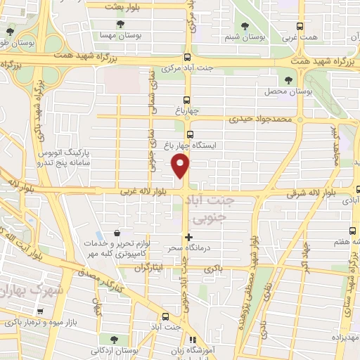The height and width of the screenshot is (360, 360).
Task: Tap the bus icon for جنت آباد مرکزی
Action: coord(187,58)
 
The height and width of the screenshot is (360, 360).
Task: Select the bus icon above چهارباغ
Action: coord(187,100)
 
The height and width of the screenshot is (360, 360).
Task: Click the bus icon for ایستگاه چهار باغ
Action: coord(189,134)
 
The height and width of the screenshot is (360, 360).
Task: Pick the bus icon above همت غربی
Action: coord(301,27)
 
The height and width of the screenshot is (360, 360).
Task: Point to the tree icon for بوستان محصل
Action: coord(289,80)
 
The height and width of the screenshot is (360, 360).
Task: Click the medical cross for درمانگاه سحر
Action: coord(188,237)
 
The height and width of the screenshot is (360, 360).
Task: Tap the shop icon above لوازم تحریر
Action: coord(116,233)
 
